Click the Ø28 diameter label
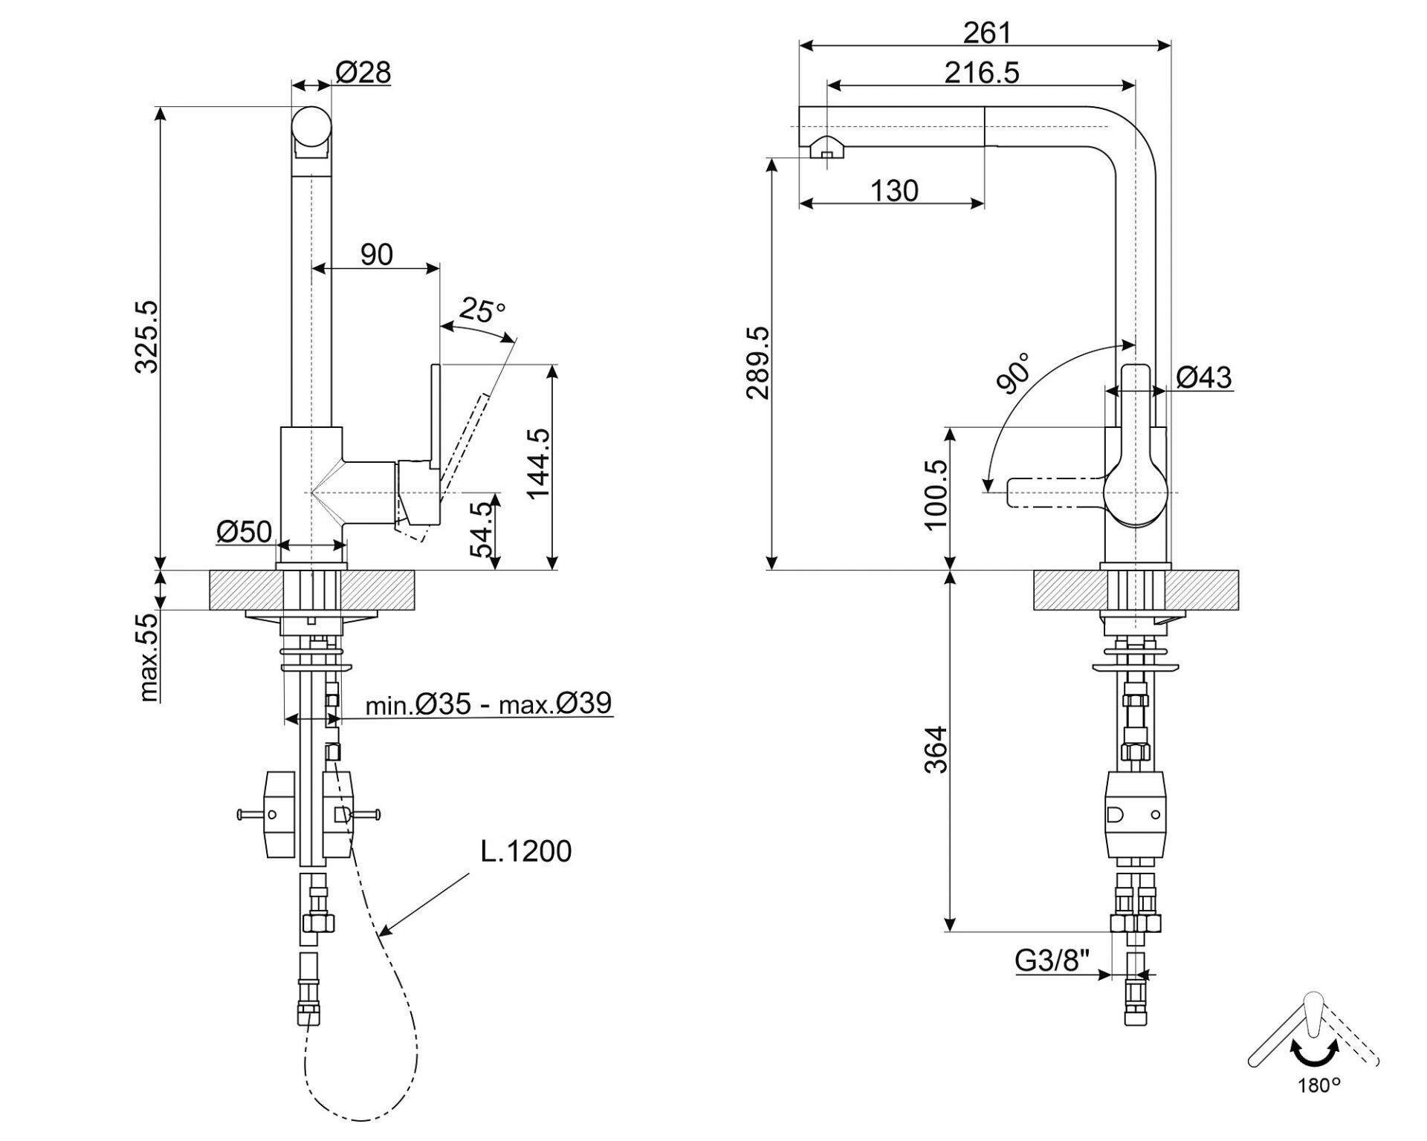(363, 73)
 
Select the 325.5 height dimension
(147, 336)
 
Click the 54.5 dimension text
(482, 529)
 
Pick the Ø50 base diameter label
(244, 531)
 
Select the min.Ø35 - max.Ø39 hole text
(488, 703)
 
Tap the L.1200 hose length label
(526, 851)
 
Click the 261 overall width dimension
(987, 33)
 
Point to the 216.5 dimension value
(982, 73)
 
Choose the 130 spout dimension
(894, 191)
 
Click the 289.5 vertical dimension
(758, 363)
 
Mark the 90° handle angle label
(1015, 372)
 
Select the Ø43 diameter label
(1204, 377)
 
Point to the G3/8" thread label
(1052, 961)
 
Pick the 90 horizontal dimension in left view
(376, 254)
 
